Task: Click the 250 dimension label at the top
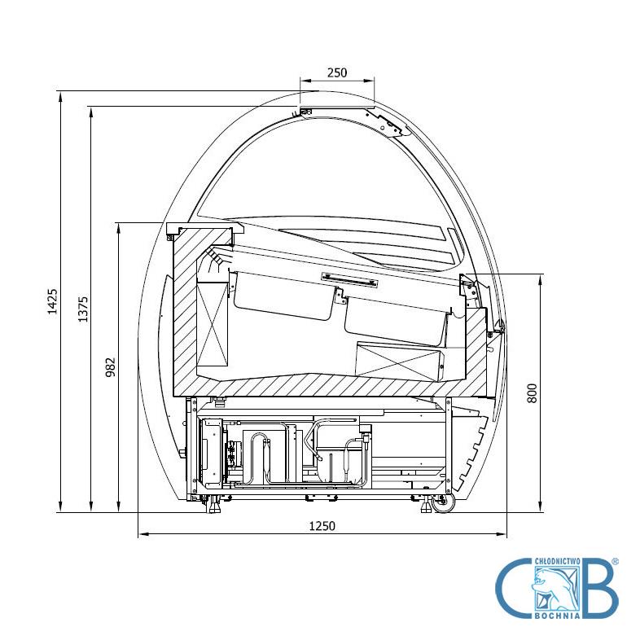(337, 72)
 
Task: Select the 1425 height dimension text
(53, 301)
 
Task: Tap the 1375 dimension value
(83, 309)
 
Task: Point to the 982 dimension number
(110, 367)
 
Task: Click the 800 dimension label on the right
(532, 393)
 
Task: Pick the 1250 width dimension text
(322, 526)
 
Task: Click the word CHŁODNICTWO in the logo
(557, 561)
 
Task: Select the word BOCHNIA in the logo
(558, 616)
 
